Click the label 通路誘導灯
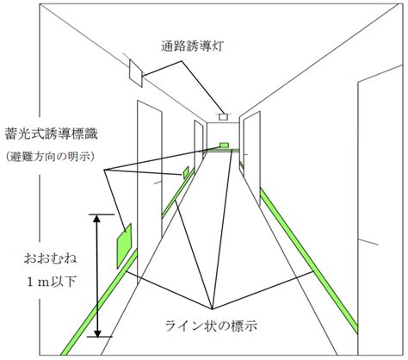pos(192,46)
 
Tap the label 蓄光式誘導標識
pos(52,133)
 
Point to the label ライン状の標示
pos(211,326)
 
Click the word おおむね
pos(51,259)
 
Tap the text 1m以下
pos(52,282)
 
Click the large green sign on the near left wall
pos(124,246)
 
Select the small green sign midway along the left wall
pos(186,172)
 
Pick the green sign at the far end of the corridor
pos(224,145)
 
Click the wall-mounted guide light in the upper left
pos(136,73)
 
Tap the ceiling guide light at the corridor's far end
pos(223,117)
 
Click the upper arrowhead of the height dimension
pos(97,218)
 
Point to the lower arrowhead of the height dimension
pos(97,333)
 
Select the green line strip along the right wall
pos(309,261)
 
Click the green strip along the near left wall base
pos(100,302)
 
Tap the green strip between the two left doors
pos(178,193)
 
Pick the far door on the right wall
pos(252,158)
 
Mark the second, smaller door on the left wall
pos(199,149)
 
